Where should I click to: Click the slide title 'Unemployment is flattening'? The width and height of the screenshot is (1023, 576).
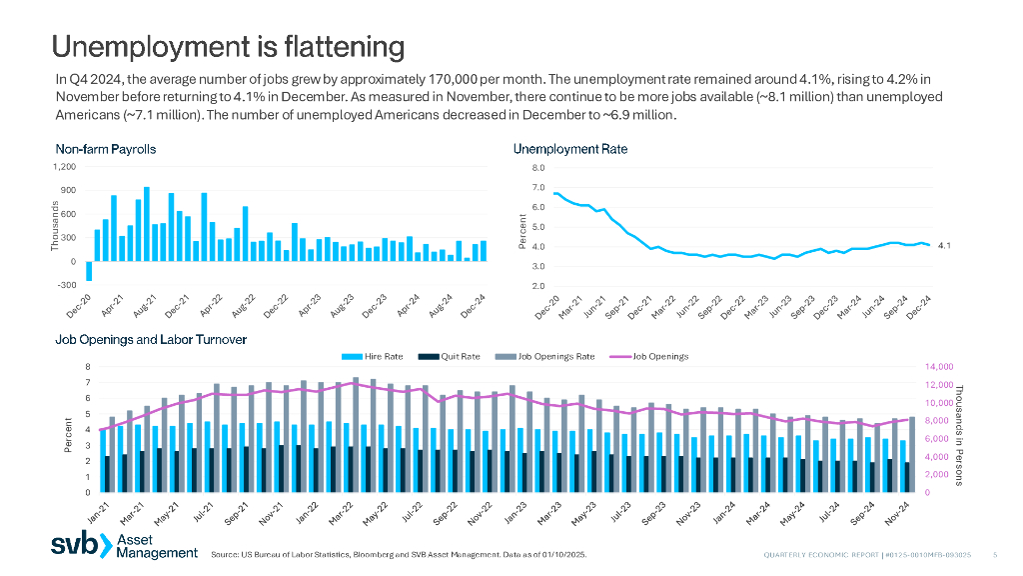(x=228, y=47)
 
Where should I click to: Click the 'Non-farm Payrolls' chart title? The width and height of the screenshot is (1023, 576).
(x=105, y=150)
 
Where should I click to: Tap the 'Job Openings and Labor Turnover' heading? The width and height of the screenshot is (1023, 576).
(x=150, y=340)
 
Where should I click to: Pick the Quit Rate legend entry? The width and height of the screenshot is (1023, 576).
(x=456, y=356)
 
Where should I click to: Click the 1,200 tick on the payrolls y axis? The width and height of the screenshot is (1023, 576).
(x=64, y=166)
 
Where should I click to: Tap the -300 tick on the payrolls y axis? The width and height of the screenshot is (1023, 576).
(x=66, y=285)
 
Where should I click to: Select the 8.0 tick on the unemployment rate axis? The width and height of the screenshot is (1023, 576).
(x=538, y=167)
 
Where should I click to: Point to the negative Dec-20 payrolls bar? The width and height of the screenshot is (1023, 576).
(x=89, y=272)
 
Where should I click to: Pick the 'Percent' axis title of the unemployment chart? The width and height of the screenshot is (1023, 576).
(x=523, y=232)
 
